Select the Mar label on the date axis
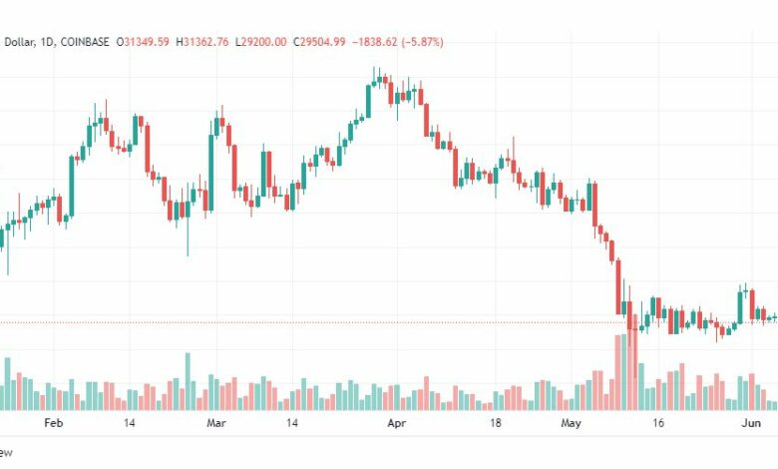coord(216,423)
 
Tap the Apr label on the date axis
coord(397,423)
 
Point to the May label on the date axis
coord(572,423)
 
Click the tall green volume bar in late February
coord(188,381)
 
